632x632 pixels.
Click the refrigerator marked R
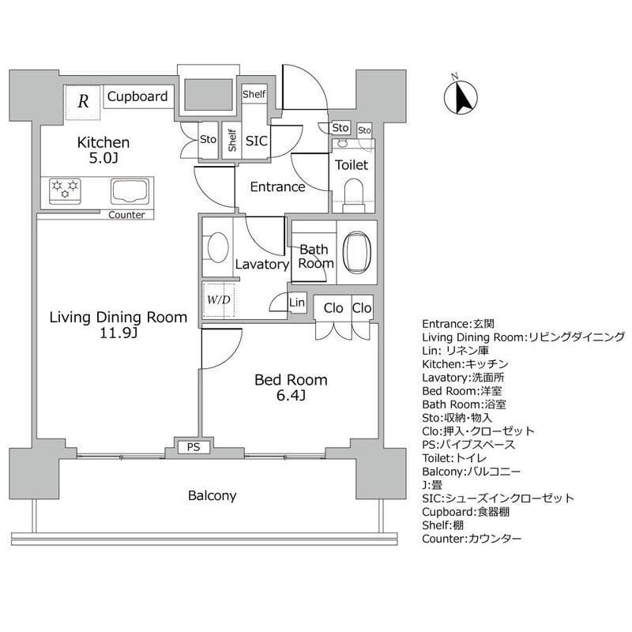coord(82,103)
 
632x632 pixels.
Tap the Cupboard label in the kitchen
coord(137,96)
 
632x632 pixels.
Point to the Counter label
coord(126,215)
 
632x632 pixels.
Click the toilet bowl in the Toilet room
coord(353,192)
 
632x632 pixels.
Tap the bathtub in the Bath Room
coord(357,252)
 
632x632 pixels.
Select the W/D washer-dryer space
coord(219,299)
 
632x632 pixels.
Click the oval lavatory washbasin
coord(218,247)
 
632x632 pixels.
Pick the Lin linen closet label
coord(297,302)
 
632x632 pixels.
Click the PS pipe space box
coord(194,447)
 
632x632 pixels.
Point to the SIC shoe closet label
coord(256,141)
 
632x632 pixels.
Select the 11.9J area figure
coord(118,333)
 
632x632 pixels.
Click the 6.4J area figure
coord(291,396)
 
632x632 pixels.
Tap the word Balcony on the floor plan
coord(212,495)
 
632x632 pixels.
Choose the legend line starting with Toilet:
coord(454,458)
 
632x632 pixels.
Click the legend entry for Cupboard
coord(465,512)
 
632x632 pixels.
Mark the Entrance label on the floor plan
coord(277,186)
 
